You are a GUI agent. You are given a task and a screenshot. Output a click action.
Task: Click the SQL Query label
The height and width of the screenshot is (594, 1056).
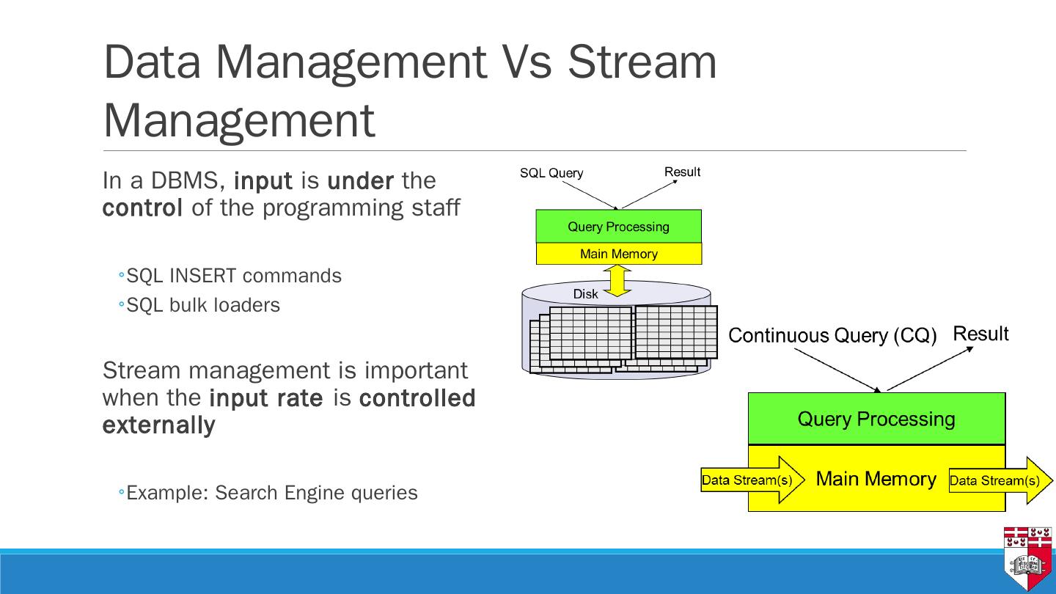tap(551, 173)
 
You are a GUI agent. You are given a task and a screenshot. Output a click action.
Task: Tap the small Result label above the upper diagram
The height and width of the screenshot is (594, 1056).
tap(682, 172)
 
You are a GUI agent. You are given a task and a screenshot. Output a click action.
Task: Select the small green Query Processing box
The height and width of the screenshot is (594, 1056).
tap(618, 227)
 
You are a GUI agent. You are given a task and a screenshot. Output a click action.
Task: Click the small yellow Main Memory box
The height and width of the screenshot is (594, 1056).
tap(618, 254)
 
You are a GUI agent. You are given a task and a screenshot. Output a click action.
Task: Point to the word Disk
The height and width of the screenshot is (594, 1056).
tap(585, 294)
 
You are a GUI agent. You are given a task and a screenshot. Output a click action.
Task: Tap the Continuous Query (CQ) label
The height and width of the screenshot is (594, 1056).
tap(832, 336)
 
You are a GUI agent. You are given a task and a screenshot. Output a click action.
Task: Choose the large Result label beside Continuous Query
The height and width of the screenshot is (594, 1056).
tap(980, 334)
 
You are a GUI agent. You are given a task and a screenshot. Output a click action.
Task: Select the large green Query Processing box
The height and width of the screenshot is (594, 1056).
tap(876, 419)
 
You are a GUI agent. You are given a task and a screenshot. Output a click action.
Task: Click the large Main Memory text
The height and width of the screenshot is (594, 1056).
tap(876, 479)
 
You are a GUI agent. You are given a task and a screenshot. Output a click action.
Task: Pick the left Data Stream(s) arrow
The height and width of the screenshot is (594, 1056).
tap(752, 480)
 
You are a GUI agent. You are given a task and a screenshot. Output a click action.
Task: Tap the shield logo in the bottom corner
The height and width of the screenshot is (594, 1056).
tap(1027, 558)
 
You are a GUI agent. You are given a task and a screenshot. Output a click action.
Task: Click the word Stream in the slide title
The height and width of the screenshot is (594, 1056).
tap(642, 62)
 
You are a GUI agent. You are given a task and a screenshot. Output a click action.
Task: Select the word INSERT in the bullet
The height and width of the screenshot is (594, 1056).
tap(202, 276)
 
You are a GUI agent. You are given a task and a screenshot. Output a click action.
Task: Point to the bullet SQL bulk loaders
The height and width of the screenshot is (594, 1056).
tap(203, 305)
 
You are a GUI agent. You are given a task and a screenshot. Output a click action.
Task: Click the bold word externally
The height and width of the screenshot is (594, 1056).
tap(158, 425)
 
